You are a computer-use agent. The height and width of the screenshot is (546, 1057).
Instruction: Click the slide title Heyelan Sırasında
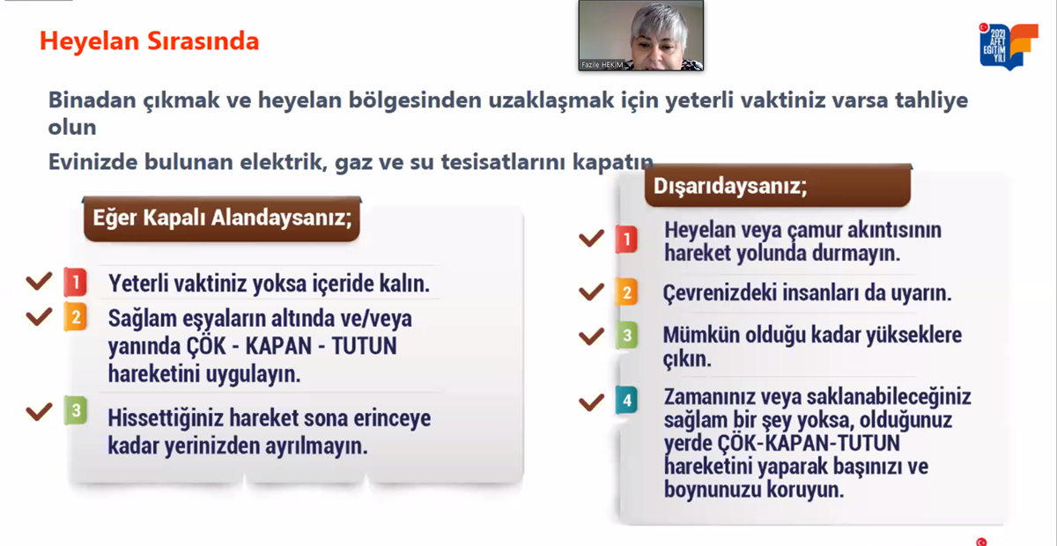149,41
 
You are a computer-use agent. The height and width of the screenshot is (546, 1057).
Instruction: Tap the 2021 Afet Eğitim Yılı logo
1009,46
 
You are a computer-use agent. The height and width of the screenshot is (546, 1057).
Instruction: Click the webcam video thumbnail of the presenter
641,35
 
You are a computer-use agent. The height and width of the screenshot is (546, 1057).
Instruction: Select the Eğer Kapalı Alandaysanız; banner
222,218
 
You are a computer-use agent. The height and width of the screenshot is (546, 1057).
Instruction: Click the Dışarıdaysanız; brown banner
778,186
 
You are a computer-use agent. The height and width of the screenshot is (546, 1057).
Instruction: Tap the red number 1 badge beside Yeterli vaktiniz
76,282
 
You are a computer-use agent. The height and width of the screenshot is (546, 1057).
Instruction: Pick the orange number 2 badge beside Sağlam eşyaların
76,317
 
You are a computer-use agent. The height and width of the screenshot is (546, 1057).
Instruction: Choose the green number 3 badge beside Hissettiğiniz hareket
76,410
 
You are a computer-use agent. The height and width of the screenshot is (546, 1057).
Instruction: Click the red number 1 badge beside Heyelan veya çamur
626,240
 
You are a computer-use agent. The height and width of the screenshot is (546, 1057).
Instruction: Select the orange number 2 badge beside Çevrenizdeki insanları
626,292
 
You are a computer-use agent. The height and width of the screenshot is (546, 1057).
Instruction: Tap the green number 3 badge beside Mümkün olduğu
626,335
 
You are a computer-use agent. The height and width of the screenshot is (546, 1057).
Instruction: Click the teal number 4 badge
626,400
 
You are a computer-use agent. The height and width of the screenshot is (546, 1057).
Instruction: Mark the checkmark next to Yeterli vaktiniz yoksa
39,281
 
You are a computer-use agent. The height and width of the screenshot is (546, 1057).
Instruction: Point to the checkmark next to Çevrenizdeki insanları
591,291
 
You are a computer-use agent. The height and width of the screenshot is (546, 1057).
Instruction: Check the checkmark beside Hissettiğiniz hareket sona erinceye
39,411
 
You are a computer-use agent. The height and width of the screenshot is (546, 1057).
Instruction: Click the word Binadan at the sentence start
92,100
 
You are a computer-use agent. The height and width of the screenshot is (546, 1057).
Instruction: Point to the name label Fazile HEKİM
602,64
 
